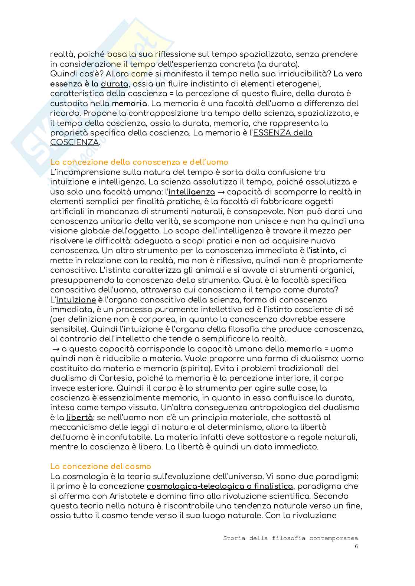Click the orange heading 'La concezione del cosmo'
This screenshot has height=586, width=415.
click(x=101, y=466)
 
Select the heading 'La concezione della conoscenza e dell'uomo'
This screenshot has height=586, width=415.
click(x=139, y=162)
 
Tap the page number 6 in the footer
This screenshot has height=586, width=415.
click(x=356, y=546)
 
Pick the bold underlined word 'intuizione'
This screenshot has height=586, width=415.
click(x=76, y=299)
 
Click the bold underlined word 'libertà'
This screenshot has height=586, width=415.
click(x=80, y=418)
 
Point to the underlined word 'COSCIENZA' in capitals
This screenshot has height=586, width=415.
click(x=75, y=143)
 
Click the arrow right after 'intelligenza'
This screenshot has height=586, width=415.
click(x=221, y=192)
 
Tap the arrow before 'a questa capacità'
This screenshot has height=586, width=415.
click(x=56, y=349)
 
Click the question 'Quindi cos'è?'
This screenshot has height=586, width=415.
click(x=74, y=74)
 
